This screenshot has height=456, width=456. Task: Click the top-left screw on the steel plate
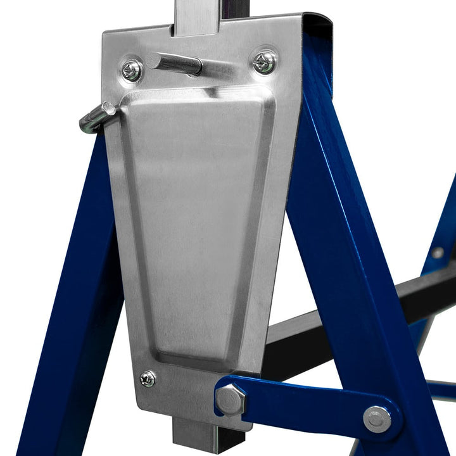[132, 70]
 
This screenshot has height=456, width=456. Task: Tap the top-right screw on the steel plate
[265, 62]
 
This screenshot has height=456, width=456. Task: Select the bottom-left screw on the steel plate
[147, 379]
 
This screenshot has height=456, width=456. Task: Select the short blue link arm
[304, 405]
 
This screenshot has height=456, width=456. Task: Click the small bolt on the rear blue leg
[437, 253]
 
